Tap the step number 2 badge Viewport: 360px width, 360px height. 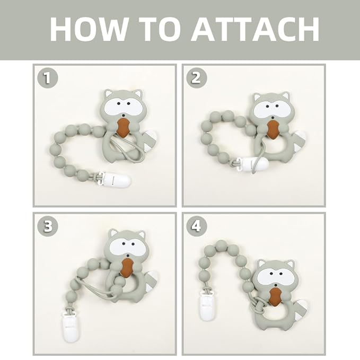(196, 78)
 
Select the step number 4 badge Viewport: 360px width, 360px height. (196, 226)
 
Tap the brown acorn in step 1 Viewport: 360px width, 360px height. (124, 128)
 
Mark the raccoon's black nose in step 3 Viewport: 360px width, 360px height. (128, 255)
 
